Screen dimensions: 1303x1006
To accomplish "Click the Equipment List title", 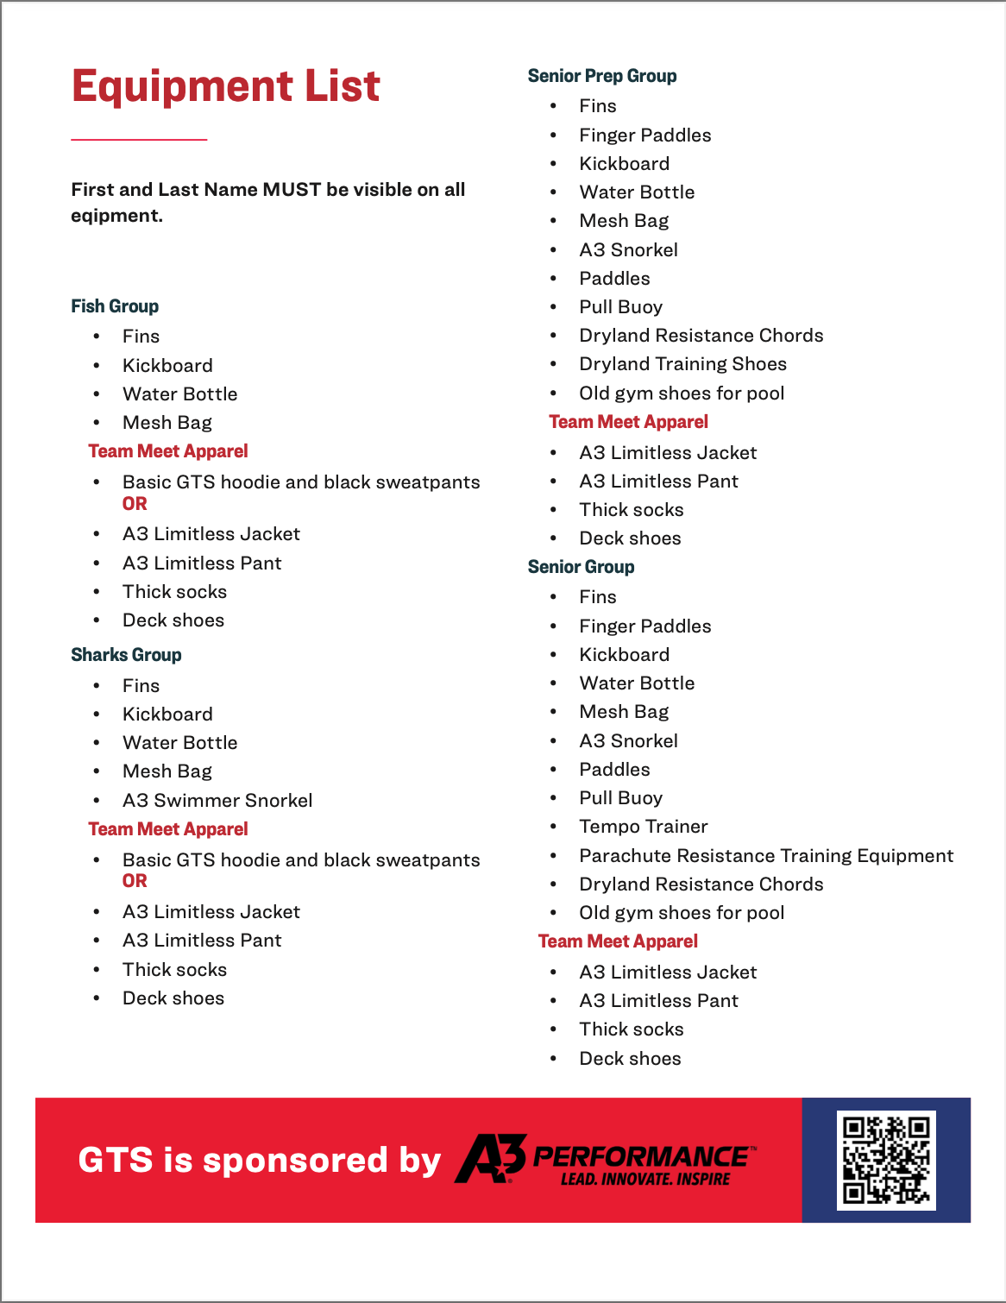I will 225,86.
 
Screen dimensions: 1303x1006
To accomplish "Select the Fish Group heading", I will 115,306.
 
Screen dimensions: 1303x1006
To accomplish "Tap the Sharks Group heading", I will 126,655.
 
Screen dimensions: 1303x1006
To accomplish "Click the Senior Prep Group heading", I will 601,76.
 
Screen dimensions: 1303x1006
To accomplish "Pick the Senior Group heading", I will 581,567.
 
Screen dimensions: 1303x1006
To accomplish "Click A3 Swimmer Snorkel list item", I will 217,801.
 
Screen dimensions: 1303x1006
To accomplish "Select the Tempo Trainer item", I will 643,827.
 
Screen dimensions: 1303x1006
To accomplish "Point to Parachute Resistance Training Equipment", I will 766,856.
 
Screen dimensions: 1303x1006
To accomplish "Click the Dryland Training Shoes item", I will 682,364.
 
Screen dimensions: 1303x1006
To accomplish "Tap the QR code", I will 886,1160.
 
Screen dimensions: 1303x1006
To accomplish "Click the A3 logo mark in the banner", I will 490,1159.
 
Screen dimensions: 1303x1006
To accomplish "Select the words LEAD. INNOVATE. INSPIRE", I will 645,1180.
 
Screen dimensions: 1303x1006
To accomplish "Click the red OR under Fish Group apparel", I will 135,504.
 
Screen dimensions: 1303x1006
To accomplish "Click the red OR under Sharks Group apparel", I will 135,881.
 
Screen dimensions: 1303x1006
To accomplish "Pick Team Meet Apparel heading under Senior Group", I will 618,941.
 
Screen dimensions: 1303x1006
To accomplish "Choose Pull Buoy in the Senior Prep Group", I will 620,307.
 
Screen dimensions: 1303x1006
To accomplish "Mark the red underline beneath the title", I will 139,139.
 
